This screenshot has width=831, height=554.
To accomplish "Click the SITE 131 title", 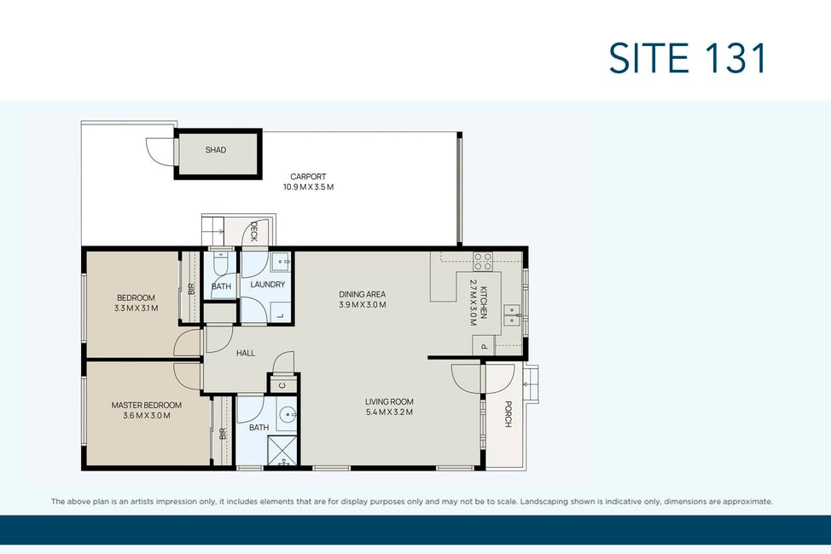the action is pos(687,58).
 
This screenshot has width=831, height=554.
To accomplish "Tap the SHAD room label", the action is pos(216,150).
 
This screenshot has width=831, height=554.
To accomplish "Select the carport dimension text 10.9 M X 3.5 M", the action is pos(309,187).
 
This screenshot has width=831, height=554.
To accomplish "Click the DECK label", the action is pos(254,232).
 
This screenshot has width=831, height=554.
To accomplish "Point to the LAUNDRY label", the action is pos(268,285).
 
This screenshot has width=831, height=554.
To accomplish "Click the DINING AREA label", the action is pos(363,294).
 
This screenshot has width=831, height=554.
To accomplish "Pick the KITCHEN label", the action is pos(484,303).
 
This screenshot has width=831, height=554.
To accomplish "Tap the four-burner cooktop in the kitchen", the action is pos(482,261).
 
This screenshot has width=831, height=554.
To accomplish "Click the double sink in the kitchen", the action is pos(512,315).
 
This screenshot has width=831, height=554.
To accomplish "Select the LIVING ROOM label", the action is pos(389,401).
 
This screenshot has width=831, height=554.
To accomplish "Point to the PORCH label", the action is pos(508,413).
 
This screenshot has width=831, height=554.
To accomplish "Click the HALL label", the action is pos(246,353).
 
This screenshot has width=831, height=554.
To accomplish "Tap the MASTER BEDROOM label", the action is pos(146,405).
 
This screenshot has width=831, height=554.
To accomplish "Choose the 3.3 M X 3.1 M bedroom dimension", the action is pos(137,308).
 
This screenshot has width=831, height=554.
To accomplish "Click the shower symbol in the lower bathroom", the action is pos(282,451).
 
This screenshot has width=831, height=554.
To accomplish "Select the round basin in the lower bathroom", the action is pos(288,413).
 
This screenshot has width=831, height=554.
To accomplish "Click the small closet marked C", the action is pos(282,384).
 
